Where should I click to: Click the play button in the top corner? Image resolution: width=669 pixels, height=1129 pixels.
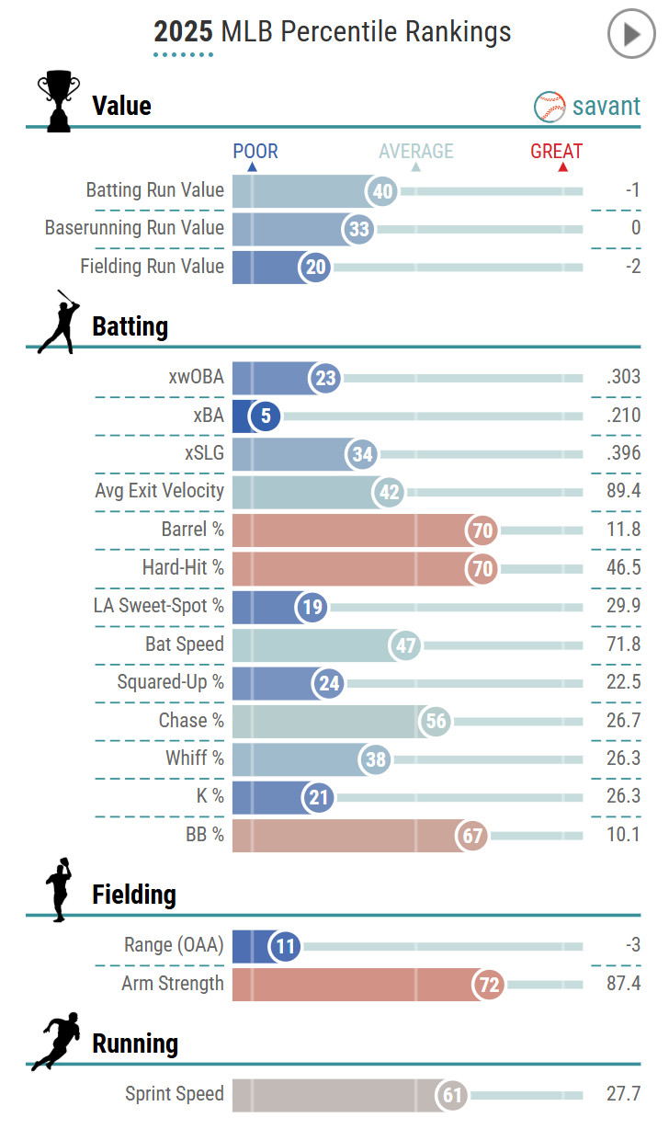631,35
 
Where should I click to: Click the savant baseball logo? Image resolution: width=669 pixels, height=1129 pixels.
549,107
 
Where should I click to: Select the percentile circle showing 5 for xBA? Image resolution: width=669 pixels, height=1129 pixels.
266,416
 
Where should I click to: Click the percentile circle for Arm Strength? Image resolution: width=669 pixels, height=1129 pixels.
490,986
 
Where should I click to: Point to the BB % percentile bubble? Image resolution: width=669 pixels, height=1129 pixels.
472,836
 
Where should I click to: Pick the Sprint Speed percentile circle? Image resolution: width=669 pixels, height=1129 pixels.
452,1095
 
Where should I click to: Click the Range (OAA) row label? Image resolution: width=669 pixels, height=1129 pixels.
174,945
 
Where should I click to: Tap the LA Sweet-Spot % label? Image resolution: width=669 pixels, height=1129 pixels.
158,606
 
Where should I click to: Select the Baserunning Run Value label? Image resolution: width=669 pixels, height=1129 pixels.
134,228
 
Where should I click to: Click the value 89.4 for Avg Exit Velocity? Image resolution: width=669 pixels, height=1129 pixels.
623,492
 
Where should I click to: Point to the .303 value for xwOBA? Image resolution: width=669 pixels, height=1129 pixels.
623,378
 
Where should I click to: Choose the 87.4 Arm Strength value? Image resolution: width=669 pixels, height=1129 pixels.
623,984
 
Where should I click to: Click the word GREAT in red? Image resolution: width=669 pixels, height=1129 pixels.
556,152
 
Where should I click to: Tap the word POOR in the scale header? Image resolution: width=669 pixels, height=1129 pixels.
255,152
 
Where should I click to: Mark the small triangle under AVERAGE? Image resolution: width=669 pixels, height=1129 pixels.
416,167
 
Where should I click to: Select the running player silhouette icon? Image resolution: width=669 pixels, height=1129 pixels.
56,1042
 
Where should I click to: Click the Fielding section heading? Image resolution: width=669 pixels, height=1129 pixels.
134,895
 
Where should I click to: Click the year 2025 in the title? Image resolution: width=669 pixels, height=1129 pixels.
183,33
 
